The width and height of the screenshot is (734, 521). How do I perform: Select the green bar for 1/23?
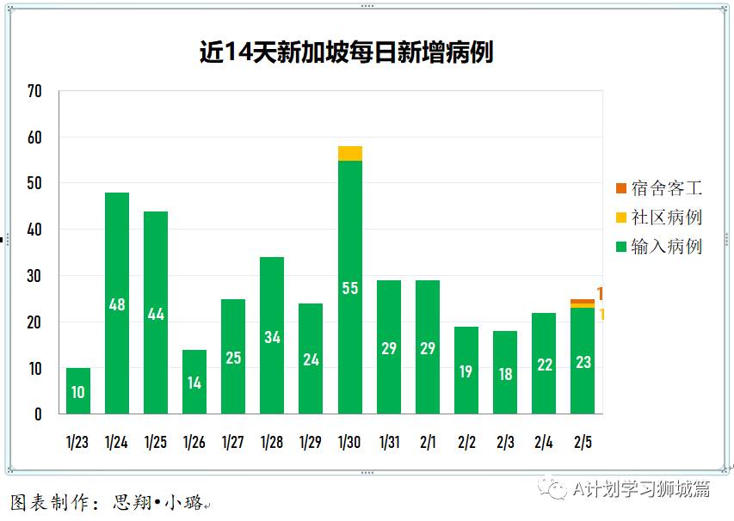(x=78, y=391)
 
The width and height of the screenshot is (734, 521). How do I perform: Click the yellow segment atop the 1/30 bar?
(x=350, y=153)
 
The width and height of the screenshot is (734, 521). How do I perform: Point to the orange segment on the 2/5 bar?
(x=583, y=301)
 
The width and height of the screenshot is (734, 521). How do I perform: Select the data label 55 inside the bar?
(x=350, y=289)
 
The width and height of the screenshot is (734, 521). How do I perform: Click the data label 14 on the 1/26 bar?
(x=194, y=383)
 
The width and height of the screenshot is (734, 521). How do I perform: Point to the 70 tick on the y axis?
(x=34, y=91)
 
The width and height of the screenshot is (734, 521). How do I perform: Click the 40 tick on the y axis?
(x=34, y=230)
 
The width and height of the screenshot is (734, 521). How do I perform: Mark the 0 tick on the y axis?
(x=38, y=414)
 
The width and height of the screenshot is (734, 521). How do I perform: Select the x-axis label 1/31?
(x=389, y=443)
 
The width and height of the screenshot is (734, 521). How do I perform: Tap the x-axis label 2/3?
(x=505, y=443)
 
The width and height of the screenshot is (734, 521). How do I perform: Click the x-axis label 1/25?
(x=156, y=443)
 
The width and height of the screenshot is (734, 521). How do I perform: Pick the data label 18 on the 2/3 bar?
(x=505, y=375)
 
